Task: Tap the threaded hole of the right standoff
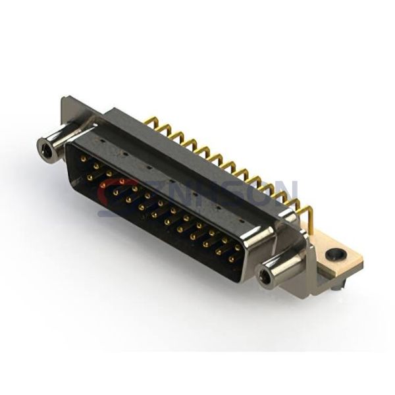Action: [266, 276]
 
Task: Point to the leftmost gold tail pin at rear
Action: [151, 122]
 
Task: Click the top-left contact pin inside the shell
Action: [82, 158]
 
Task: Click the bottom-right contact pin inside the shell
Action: [231, 259]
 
